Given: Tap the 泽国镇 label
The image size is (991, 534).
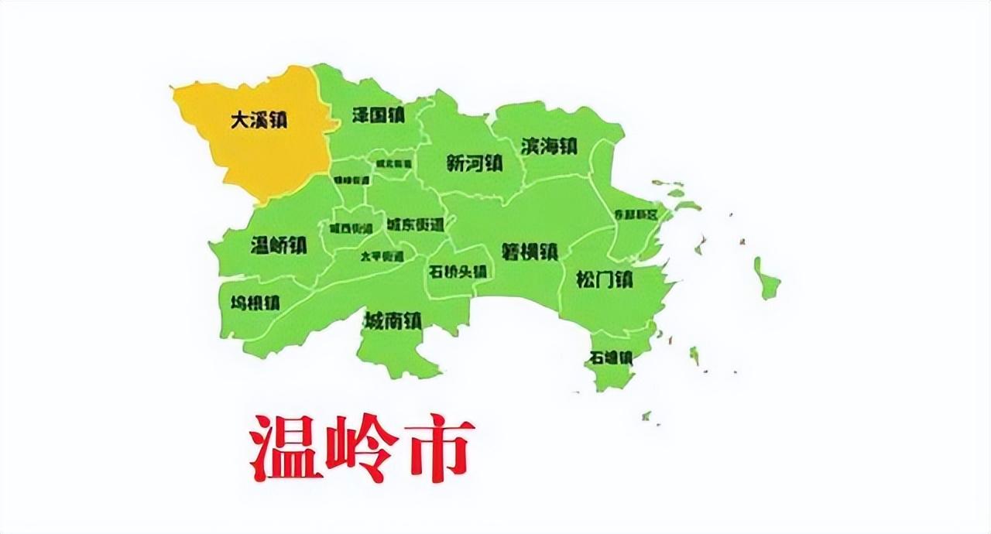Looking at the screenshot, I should [x=379, y=115].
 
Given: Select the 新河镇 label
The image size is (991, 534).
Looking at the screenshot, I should [x=475, y=163].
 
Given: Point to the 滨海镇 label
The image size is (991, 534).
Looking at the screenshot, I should [x=549, y=145].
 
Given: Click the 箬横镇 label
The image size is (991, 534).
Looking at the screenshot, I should [x=530, y=252].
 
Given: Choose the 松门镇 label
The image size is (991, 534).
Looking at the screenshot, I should [x=604, y=279].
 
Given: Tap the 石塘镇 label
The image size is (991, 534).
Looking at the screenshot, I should [x=611, y=358].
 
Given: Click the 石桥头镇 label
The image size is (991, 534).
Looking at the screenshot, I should [x=457, y=272].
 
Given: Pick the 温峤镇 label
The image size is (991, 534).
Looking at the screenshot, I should [x=279, y=246].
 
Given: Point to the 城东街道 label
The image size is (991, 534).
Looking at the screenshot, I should [x=415, y=224].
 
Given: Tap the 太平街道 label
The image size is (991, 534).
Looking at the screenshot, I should [x=382, y=256].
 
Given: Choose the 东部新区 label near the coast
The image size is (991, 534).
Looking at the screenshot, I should [x=635, y=214].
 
